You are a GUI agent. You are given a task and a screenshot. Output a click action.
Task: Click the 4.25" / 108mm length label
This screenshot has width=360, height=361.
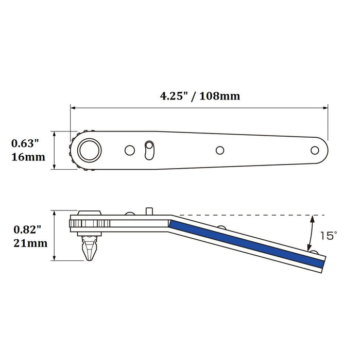pos(198,96)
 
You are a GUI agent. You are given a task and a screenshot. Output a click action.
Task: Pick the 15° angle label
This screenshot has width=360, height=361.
pos(328,236)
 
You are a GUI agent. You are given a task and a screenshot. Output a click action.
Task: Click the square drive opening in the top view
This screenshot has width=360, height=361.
pos(90,150)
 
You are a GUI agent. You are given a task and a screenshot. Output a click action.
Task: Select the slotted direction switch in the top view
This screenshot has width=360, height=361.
pos(149,150)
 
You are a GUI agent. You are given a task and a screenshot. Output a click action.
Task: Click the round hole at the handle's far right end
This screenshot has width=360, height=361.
pos(315,150)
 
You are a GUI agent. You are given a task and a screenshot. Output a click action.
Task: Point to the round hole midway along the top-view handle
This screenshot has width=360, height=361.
pos(220,150)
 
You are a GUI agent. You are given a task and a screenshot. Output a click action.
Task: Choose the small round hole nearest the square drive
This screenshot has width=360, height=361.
pos(129,150)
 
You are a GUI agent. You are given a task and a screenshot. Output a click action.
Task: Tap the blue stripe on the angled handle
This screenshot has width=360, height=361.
pos(247,242)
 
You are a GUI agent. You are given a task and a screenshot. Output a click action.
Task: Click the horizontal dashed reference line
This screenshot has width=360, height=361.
pos(247,215)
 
